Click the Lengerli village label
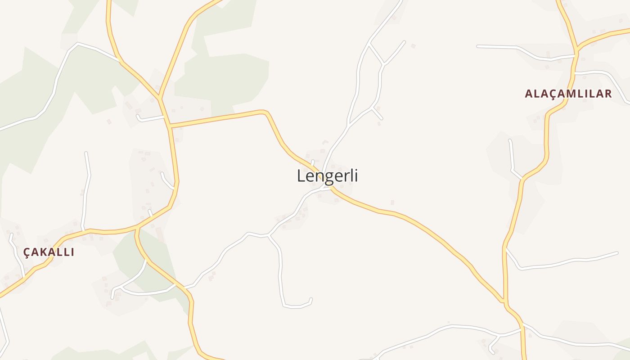(327, 175)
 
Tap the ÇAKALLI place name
(49, 252)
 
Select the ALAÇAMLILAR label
(568, 94)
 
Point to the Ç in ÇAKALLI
(27, 252)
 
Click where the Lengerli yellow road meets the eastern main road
(504, 301)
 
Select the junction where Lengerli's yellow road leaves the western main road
(170, 126)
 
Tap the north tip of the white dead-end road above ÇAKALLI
(85, 153)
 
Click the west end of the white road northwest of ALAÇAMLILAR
(478, 46)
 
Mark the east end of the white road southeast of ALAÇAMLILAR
(617, 253)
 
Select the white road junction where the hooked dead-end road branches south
(269, 235)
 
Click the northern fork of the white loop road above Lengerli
(369, 44)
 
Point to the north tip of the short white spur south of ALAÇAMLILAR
(510, 140)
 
